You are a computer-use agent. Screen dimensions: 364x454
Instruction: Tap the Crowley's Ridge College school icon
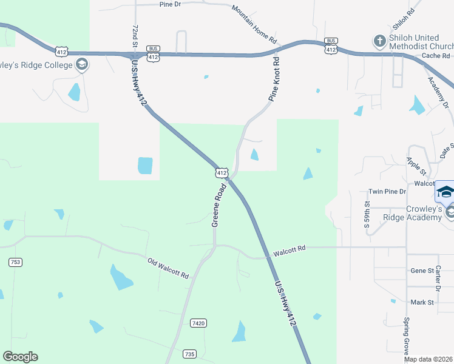click(x=81, y=64)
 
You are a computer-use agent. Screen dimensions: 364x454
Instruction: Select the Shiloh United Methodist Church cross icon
click(x=379, y=41)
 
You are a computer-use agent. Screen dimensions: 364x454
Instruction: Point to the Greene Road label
click(x=219, y=206)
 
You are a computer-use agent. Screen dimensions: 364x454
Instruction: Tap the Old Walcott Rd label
click(x=168, y=269)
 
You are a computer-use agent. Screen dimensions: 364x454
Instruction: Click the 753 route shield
click(x=15, y=262)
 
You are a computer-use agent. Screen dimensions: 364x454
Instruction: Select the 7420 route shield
click(x=198, y=323)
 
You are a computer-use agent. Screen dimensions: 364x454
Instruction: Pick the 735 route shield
click(x=190, y=354)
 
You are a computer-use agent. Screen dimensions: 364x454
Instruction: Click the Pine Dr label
click(x=170, y=4)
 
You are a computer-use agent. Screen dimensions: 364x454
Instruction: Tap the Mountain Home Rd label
click(x=254, y=24)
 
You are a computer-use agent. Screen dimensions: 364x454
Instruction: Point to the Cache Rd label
click(x=435, y=56)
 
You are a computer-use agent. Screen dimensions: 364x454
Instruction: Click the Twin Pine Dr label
click(x=387, y=192)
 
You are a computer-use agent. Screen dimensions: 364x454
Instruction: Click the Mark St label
click(x=422, y=302)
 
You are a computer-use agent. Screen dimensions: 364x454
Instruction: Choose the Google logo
click(x=20, y=357)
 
